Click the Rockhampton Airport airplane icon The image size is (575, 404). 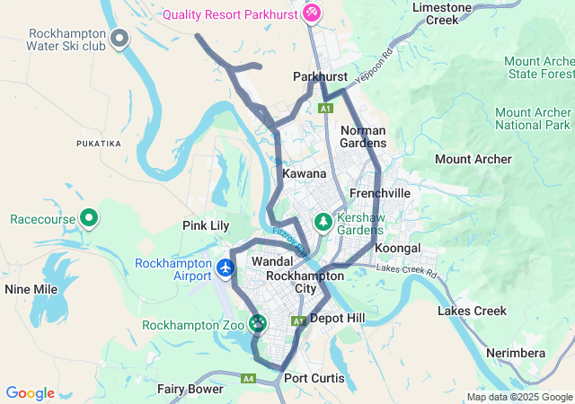coord(225,268)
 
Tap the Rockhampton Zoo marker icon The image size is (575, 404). coord(259,322)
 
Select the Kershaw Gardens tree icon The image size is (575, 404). coord(323,220)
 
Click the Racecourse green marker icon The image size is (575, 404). coord(89,218)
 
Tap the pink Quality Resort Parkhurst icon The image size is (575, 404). coord(311,13)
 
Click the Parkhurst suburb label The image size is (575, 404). coord(320,77)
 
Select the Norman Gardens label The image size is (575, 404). coord(364,136)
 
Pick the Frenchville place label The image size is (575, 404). coord(379,193)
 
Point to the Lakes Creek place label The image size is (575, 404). coord(472,311)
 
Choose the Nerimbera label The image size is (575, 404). coord(515,353)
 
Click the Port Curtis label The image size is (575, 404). coord(314,378)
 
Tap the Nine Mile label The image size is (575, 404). coord(31,289)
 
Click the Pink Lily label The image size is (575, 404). coord(206,224)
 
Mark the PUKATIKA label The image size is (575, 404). coord(98,143)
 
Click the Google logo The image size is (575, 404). coord(30,393)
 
